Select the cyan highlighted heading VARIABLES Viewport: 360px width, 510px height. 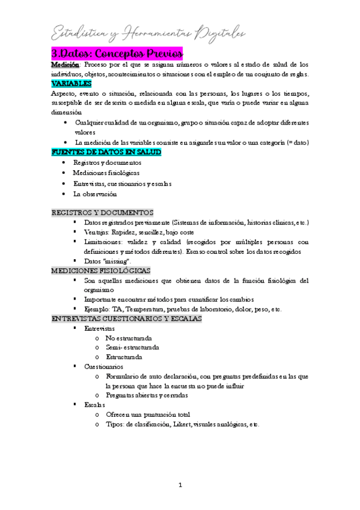click(x=71, y=84)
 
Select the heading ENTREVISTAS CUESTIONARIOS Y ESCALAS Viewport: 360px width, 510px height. click(x=127, y=318)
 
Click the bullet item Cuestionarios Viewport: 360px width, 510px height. click(x=104, y=366)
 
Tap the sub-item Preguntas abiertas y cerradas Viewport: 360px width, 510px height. click(x=147, y=396)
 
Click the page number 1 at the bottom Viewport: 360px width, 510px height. click(x=180, y=485)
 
